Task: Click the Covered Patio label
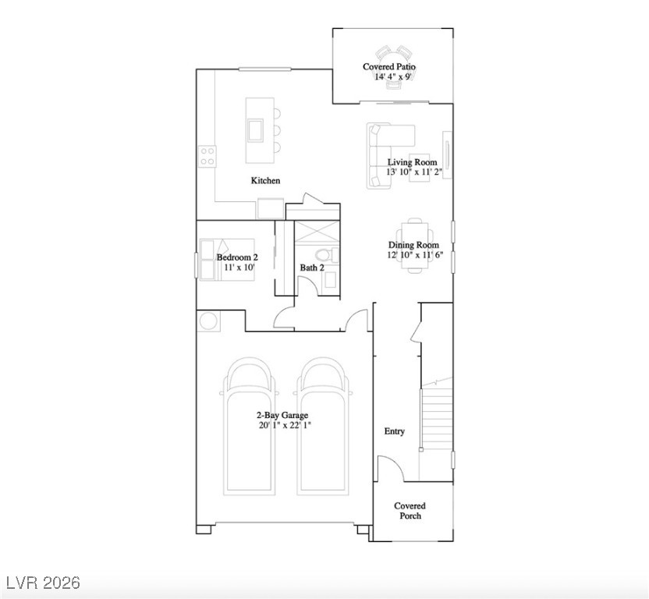tap(388, 67)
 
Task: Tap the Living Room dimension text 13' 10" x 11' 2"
tap(415, 172)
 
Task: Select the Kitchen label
tap(265, 181)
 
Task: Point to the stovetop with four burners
tap(207, 156)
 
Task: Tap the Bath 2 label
tap(312, 268)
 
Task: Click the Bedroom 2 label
tap(237, 257)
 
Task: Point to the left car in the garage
tap(250, 425)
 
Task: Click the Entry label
tap(395, 431)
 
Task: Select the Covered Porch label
tap(410, 511)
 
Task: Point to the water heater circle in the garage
tap(208, 321)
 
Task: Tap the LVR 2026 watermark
tap(43, 583)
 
